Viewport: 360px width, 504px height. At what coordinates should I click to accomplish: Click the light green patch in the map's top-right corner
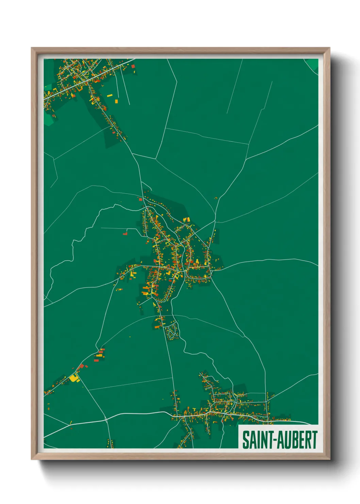click(312, 64)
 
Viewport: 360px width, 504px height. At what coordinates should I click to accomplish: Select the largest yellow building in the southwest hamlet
click(74, 377)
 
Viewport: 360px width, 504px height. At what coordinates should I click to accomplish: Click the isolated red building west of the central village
click(125, 234)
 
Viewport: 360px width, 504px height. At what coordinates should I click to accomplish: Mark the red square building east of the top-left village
click(133, 71)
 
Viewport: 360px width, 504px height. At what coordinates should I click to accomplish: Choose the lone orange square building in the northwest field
click(116, 101)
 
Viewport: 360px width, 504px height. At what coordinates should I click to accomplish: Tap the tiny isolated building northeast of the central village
click(215, 198)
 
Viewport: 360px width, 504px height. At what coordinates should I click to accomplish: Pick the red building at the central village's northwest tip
click(140, 199)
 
